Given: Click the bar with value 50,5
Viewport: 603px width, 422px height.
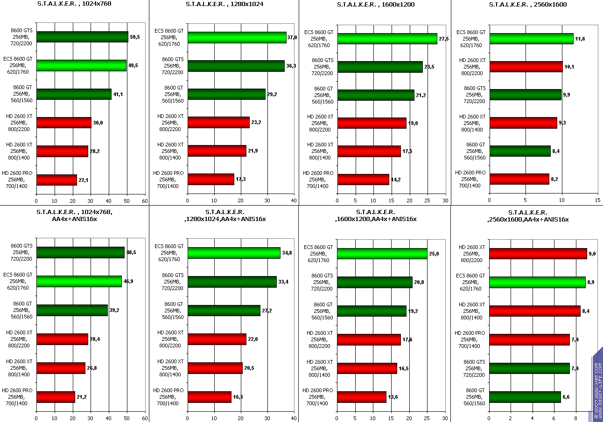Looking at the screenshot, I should point(82,37).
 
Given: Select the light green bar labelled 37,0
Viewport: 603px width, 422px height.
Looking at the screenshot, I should point(237,37).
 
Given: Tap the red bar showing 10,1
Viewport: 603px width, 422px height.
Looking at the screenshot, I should point(526,67).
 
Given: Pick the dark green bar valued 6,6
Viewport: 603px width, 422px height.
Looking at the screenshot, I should point(525,397).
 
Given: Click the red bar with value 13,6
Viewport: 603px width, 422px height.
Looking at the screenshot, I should point(361,397).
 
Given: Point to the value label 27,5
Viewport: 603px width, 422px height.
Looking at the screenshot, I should point(443,39).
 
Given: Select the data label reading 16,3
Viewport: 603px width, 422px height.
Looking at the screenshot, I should point(238,397).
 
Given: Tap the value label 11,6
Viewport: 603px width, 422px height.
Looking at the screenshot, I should point(580,39).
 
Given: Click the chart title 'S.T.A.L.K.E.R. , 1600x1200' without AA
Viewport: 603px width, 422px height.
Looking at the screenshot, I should point(375,5).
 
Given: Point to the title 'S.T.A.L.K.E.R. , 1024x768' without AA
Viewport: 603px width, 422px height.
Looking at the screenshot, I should point(74,4).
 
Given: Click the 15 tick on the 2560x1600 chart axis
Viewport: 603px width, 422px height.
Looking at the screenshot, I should point(597,201).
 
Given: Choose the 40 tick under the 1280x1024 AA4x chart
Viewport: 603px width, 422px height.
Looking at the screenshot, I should point(293,418).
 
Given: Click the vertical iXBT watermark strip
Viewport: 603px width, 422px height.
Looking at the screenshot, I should point(597,385).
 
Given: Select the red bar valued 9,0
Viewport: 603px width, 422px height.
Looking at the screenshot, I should point(538,253).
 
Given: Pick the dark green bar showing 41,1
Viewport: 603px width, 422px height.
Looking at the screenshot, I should point(74,94).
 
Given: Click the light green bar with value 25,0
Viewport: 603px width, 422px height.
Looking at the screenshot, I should point(382,254).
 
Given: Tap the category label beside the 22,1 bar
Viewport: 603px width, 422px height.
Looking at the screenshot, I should point(17,180).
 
